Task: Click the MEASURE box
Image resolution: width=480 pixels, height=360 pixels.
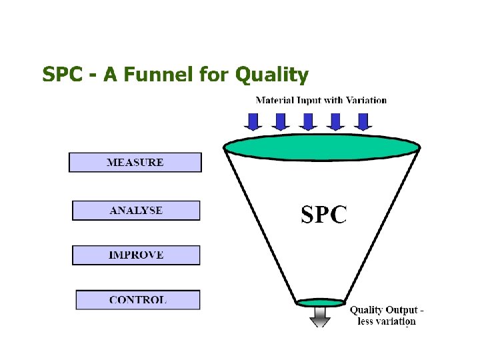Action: coord(135,163)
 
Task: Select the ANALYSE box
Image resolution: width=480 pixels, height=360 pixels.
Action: coord(136,211)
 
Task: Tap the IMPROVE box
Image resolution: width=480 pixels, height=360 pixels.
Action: coord(136,255)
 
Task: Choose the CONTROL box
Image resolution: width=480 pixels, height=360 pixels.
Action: coord(137,300)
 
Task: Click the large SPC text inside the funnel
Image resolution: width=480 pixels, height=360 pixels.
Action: coord(323,214)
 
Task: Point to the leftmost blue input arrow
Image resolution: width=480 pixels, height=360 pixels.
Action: coord(253,121)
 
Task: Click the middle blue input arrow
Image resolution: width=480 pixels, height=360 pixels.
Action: coord(307,121)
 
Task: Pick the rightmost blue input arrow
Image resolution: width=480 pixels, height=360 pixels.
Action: coord(362,121)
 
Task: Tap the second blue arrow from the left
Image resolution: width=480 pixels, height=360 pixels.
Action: coord(280,121)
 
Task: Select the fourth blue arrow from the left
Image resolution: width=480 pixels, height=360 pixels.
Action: coord(335,121)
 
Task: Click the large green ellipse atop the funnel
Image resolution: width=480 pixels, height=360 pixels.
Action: coord(322,146)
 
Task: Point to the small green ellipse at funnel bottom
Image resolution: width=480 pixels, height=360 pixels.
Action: coord(320,303)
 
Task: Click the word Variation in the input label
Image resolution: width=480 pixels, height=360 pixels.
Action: coord(365,101)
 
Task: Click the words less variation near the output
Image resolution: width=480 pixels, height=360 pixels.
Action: coord(387,321)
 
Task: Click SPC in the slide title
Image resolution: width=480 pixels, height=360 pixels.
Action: coord(62,75)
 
